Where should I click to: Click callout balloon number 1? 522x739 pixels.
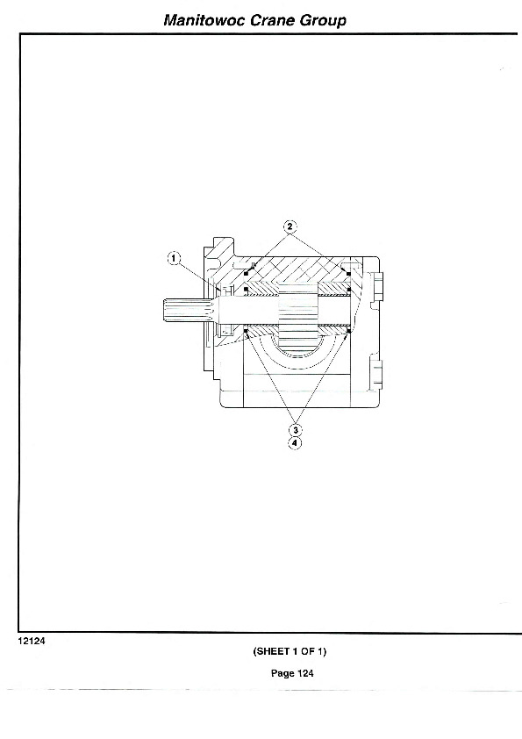(175, 258)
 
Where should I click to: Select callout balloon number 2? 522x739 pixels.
(290, 226)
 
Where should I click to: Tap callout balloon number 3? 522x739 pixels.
(296, 430)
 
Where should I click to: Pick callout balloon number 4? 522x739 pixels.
(295, 443)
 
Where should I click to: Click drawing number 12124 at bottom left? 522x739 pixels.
(32, 641)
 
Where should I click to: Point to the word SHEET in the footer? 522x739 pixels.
(271, 651)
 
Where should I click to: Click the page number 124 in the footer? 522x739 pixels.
(305, 673)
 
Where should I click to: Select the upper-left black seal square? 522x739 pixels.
(246, 273)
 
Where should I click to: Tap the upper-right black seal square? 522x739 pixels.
(348, 273)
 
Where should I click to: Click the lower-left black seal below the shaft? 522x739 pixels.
(246, 332)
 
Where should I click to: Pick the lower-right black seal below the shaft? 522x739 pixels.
(348, 332)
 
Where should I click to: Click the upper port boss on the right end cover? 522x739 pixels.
(378, 288)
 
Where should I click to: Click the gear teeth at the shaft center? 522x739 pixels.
(298, 311)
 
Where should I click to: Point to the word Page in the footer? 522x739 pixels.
(282, 673)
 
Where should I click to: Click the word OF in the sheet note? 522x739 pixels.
(308, 651)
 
